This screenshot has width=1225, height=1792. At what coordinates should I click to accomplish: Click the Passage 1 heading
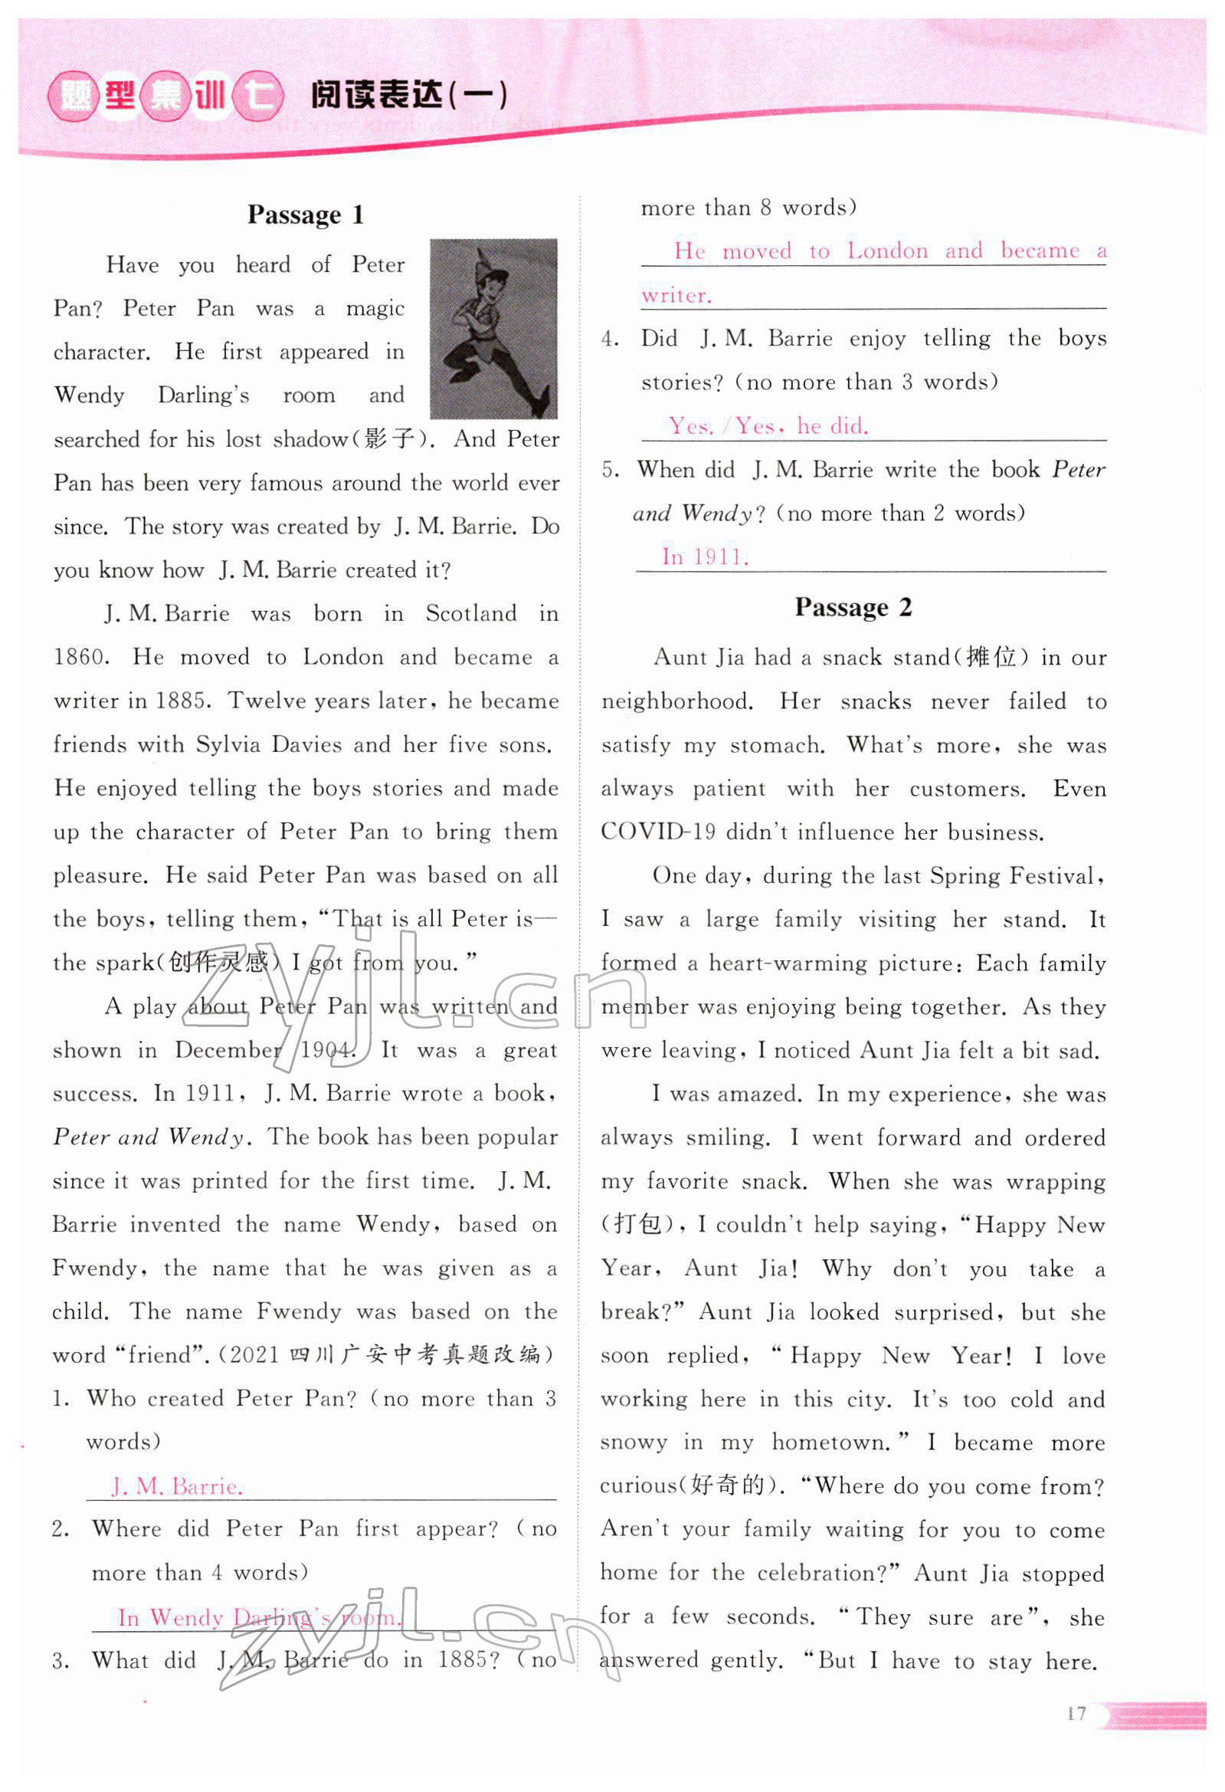point(305,215)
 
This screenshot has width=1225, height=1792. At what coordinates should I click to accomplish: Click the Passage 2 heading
point(853,608)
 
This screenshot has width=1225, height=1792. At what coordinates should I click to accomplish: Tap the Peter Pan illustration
point(493,329)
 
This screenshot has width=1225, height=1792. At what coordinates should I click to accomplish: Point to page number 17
point(1077,1713)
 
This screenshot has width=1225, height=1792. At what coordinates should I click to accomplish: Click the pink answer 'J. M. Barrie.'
point(177,1486)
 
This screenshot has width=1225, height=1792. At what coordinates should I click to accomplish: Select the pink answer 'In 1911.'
point(705,556)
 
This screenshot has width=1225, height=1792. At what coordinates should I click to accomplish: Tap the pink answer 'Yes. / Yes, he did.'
point(768,425)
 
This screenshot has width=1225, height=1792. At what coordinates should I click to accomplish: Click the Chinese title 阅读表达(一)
point(408,97)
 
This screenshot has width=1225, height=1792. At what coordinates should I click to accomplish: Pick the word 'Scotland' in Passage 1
point(471,614)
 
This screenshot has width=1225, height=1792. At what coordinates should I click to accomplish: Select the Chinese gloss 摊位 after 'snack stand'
point(991,658)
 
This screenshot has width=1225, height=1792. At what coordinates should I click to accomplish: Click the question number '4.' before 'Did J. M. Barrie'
point(611,340)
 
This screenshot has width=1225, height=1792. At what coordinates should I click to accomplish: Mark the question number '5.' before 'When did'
point(611,471)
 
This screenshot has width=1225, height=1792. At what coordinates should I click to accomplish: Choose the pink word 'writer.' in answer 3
point(676,295)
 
